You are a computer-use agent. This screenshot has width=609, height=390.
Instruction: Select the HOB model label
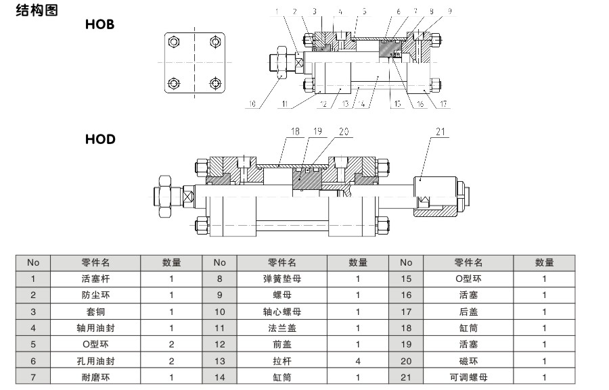(x=99, y=25)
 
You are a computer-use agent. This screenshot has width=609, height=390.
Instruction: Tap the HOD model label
(x=100, y=140)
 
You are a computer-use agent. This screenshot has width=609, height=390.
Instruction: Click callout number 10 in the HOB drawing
(x=252, y=105)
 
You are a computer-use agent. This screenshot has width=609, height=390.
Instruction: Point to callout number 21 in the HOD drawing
(x=440, y=132)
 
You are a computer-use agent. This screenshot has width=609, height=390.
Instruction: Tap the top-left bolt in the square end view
(x=174, y=42)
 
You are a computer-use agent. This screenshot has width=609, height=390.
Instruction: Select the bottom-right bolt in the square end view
(x=215, y=84)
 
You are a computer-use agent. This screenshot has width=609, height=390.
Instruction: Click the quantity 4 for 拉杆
(x=358, y=361)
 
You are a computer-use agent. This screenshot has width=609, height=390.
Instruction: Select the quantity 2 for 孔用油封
(x=171, y=361)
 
